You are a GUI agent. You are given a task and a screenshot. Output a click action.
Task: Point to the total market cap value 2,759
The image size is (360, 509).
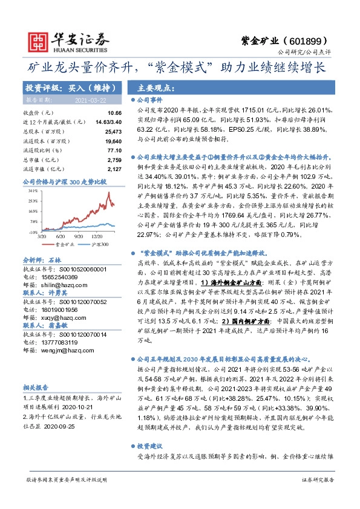pos(115,159)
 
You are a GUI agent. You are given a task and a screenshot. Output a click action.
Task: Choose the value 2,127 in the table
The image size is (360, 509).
pos(115,169)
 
